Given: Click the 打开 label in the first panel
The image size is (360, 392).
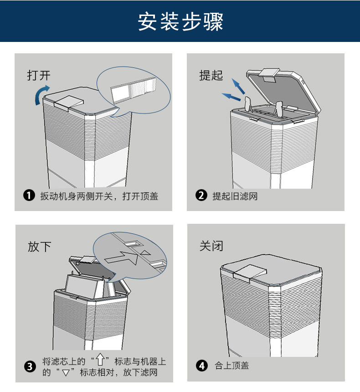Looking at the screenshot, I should point(38,75).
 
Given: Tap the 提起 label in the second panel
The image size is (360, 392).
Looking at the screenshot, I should point(211,75).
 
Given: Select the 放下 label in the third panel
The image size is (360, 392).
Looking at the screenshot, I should point(40,247).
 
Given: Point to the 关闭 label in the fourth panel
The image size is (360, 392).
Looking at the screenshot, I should point(211,246).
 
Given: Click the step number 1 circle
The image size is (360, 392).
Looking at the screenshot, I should point(30,196).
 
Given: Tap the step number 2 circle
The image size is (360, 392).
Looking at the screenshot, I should point(201,196).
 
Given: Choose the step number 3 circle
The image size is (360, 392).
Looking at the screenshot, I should point(30,366).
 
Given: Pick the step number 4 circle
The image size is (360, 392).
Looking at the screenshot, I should point(201,366).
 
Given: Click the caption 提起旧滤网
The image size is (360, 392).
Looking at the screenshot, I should point(235,196).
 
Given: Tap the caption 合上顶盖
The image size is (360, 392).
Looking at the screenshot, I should point(231,366).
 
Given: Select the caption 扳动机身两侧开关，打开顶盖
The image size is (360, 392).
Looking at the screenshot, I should point(99,196).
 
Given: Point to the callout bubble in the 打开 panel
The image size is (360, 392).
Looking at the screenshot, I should point(134,91).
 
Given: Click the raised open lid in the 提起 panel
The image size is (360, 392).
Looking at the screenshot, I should point(283,91).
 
